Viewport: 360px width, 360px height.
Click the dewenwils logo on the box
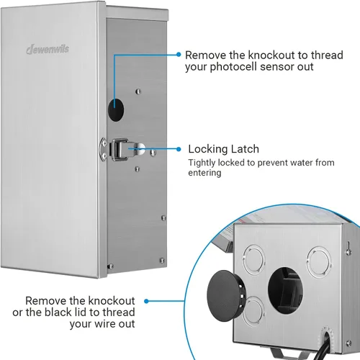48,50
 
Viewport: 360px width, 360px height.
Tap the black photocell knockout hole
116,110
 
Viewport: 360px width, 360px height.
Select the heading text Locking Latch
223,149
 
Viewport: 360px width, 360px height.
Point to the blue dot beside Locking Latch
179,149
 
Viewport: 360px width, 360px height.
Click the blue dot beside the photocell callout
179,55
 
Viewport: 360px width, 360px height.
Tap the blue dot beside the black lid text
146,301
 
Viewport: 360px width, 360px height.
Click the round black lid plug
225,296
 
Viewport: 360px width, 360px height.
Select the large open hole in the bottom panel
285,290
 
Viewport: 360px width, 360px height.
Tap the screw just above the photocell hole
138,91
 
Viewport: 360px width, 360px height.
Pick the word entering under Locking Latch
204,173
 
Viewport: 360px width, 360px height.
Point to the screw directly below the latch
138,169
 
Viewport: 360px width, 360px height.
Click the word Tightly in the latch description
202,163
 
